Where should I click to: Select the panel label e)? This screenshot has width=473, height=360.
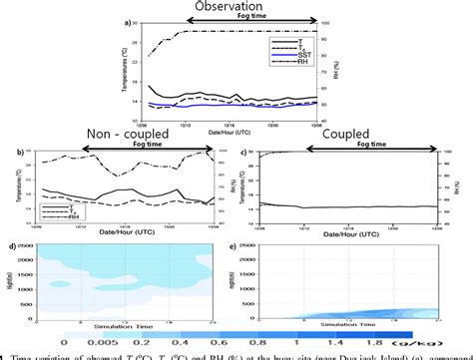245,245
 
